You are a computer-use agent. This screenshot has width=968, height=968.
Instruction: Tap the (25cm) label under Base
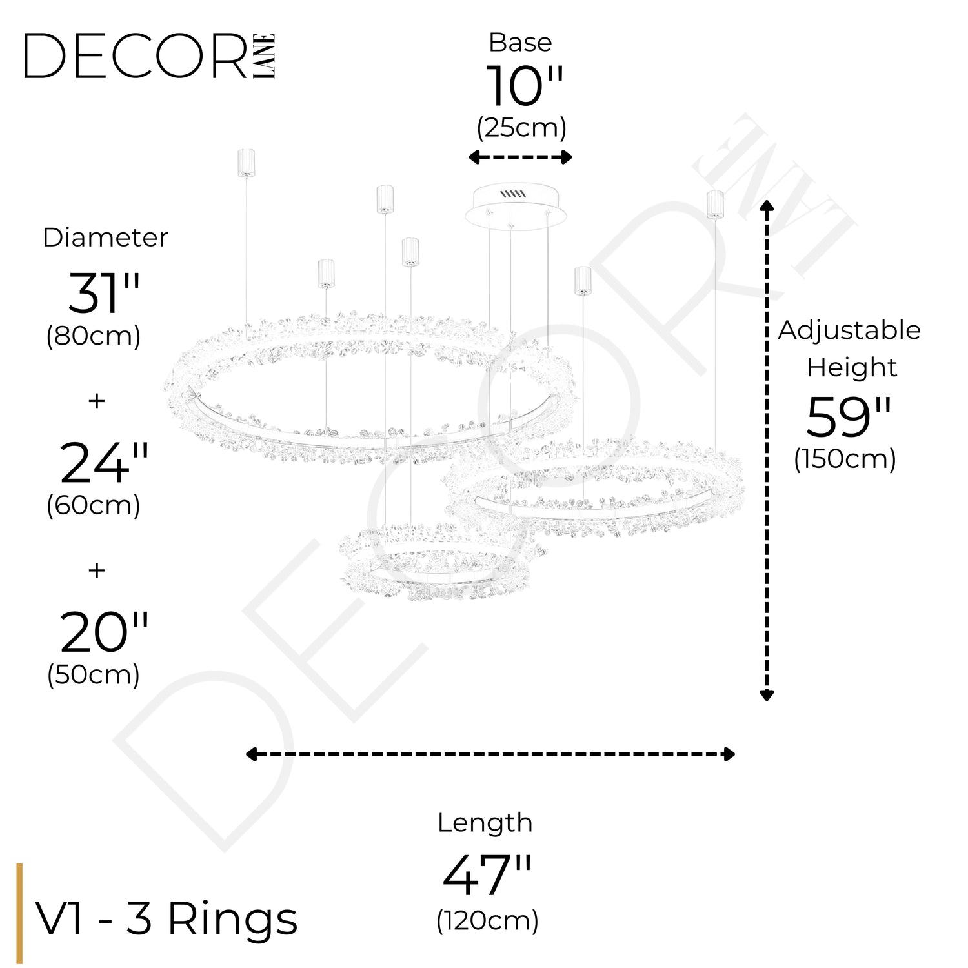click(x=521, y=128)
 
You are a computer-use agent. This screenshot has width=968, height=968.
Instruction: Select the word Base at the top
click(x=520, y=43)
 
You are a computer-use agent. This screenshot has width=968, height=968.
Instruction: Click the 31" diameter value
click(x=104, y=293)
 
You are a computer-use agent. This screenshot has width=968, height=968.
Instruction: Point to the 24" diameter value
click(x=104, y=463)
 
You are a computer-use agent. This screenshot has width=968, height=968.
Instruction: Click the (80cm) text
click(x=94, y=336)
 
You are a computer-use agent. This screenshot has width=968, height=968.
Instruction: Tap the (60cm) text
click(x=94, y=505)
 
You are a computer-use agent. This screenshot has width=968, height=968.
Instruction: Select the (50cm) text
click(x=94, y=675)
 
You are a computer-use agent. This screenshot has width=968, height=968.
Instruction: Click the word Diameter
click(x=105, y=237)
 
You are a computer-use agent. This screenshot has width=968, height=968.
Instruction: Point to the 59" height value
click(x=848, y=418)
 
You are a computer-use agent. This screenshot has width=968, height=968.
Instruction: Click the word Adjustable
click(x=849, y=330)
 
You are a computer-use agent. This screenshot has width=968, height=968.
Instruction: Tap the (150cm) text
click(x=845, y=459)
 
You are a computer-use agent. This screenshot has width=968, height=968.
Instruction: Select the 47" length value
click(x=487, y=875)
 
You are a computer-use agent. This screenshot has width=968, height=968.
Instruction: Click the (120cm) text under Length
click(x=487, y=921)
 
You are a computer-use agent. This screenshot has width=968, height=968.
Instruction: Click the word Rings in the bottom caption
click(x=233, y=918)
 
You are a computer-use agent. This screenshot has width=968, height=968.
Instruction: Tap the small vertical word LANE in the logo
click(x=265, y=56)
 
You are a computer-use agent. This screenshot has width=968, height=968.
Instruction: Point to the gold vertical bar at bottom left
click(x=20, y=913)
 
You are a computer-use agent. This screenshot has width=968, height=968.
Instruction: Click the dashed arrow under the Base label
click(x=520, y=157)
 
